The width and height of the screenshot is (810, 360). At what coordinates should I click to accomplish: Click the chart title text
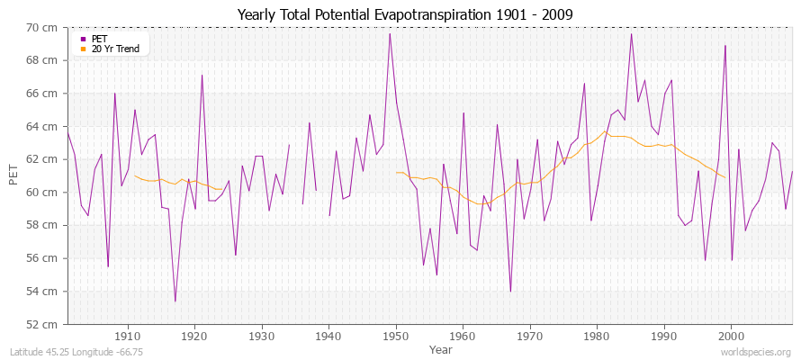404,14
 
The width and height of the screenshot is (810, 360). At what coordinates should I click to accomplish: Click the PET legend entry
98,39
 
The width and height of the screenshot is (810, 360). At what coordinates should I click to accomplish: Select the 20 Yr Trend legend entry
115,49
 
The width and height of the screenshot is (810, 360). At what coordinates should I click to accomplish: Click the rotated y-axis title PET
13,175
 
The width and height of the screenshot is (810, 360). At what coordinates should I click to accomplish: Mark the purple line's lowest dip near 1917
175,301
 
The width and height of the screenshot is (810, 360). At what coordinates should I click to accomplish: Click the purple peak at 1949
390,34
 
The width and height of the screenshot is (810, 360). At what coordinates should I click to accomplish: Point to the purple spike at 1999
724,46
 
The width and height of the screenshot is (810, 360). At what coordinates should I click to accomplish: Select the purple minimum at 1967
510,291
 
